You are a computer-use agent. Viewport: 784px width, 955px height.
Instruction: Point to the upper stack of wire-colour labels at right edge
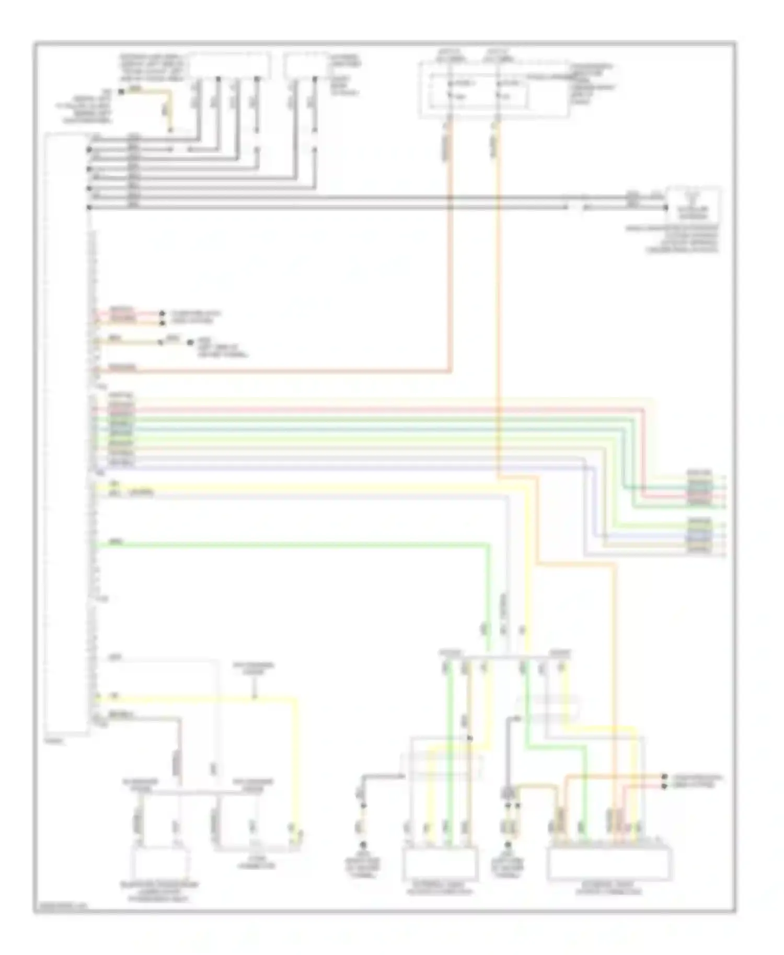coord(699,487)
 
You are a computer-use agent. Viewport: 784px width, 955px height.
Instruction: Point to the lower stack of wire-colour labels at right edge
coord(699,535)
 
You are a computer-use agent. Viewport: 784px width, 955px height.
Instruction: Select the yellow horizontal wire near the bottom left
coord(199,698)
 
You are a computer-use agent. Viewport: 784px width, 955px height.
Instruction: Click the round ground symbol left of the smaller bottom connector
coord(362,845)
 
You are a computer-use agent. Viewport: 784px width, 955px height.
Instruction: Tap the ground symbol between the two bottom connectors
coord(507,845)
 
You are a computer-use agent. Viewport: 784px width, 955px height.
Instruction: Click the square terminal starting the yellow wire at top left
coord(121,92)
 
